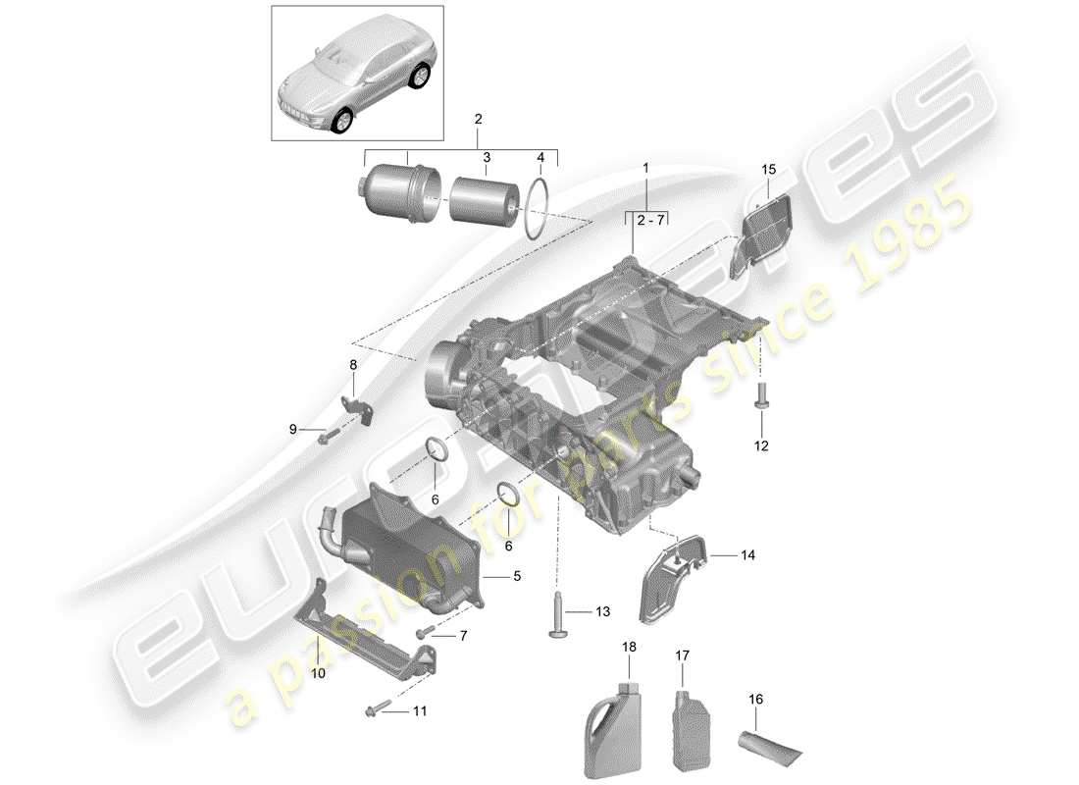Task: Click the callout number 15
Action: pyautogui.click(x=768, y=171)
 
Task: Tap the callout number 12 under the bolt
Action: pyautogui.click(x=761, y=445)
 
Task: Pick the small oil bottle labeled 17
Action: pyautogui.click(x=688, y=719)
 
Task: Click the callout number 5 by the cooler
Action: pyautogui.click(x=516, y=577)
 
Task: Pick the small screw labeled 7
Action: pyautogui.click(x=428, y=633)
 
